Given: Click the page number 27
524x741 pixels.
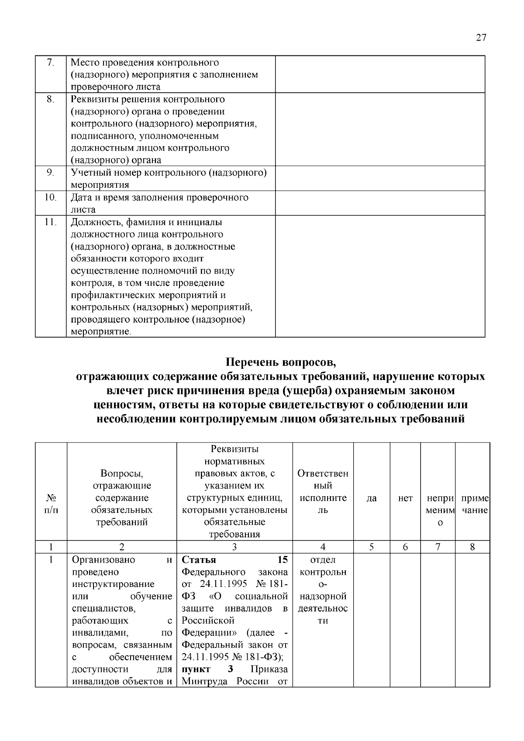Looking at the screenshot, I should coord(480,38).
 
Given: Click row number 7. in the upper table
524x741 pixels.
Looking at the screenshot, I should coord(51,62).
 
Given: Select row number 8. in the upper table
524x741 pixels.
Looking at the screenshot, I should coord(51,99).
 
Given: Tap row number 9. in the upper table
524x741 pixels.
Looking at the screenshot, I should coord(51,172).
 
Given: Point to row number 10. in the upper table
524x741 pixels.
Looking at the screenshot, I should coord(51,197).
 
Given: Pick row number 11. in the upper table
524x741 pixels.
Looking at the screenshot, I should coord(51,222).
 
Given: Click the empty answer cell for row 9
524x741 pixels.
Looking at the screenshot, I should coord(380,178).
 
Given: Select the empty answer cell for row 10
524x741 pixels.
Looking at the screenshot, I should coord(380,203).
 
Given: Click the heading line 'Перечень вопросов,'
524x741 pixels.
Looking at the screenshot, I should coord(281,362).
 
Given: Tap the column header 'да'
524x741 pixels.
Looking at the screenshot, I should coord(372,498).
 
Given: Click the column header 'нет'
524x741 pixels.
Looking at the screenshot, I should coord(405,498).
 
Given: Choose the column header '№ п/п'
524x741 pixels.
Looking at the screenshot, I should coord(51,504).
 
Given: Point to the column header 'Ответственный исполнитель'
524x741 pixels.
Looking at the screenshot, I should coord(323,492).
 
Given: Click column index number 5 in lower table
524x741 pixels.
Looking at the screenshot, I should coord(372,546).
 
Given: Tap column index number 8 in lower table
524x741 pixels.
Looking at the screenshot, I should coord(472,546).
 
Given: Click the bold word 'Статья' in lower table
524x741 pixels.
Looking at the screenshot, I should coord(198,560).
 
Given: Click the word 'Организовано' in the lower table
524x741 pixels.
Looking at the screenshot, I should coord(103,560).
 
